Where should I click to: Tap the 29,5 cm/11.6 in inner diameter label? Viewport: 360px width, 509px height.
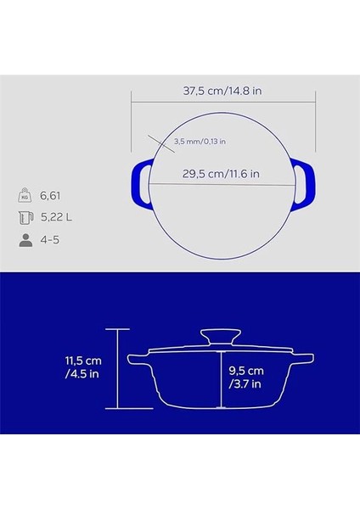[x=221, y=174]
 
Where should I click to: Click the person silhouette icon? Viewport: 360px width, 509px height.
[x=25, y=239]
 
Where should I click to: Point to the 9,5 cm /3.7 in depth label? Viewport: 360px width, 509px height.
[x=245, y=378]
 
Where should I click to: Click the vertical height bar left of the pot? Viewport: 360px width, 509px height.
[x=119, y=369]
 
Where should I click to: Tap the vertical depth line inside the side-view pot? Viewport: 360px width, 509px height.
[x=219, y=378]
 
